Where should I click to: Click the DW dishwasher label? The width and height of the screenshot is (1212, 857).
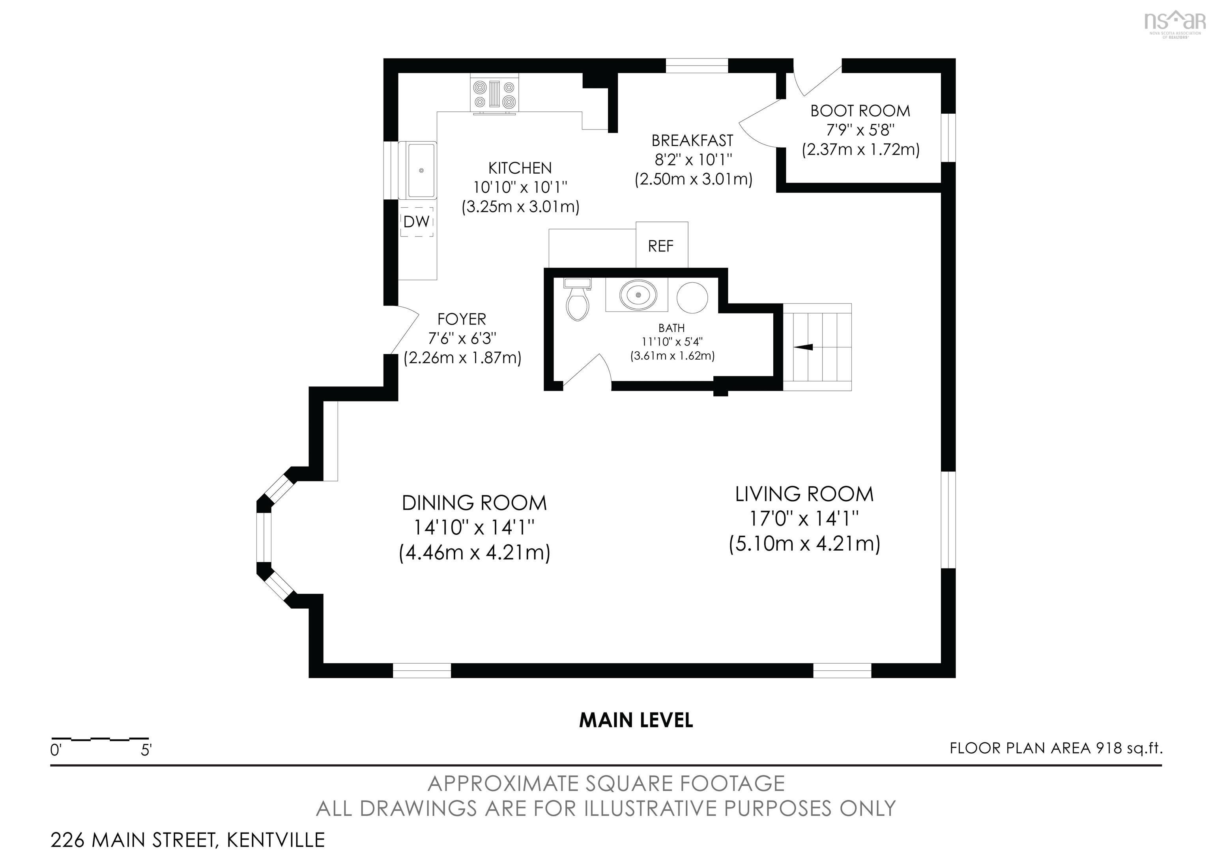(417, 222)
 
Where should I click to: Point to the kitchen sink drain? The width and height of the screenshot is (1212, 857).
(421, 171)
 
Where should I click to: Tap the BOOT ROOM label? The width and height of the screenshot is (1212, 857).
(860, 111)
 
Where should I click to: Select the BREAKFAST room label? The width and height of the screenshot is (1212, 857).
(692, 141)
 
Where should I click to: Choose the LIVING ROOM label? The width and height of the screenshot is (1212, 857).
(804, 494)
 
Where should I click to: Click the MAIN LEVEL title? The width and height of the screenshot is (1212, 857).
(636, 720)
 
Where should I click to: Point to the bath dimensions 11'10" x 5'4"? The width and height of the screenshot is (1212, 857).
(672, 341)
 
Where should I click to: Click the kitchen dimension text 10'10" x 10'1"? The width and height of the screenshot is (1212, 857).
(520, 187)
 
